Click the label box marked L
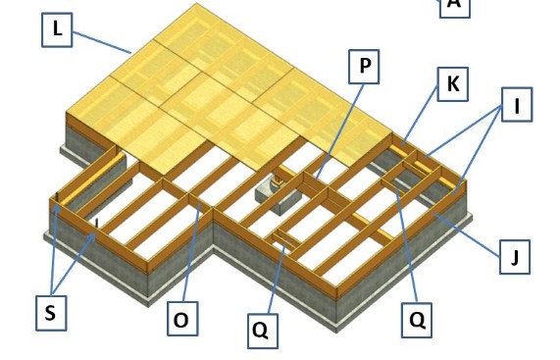click(x=58, y=29)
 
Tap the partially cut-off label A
click(x=453, y=4)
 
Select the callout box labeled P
click(x=364, y=67)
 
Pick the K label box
click(x=452, y=84)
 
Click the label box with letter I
click(x=517, y=106)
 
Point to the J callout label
click(x=514, y=258)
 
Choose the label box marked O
click(x=180, y=320)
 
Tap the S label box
click(x=49, y=313)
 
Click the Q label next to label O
click(x=260, y=330)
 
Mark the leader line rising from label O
click(x=191, y=255)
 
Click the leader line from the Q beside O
click(x=272, y=279)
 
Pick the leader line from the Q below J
click(x=408, y=245)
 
